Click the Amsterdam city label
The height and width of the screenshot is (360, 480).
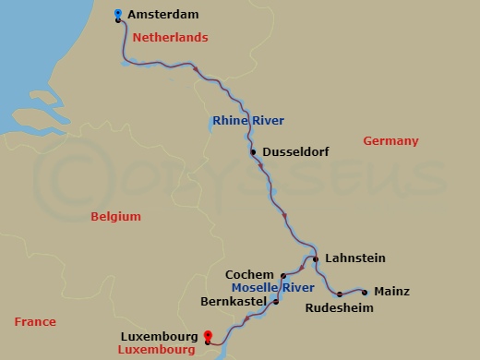point(162,16)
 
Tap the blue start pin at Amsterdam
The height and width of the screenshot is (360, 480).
point(118,13)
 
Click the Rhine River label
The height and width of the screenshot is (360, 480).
point(247,121)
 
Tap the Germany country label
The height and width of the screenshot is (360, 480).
point(390,141)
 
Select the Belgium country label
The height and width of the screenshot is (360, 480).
point(115,217)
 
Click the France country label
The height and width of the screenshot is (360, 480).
point(35,322)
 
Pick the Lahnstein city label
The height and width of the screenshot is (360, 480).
point(355,258)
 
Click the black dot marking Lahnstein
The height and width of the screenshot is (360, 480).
point(316,259)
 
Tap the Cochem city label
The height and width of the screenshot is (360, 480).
point(250,275)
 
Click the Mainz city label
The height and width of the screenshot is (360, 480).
point(392,292)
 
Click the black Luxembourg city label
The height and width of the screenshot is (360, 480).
point(159,338)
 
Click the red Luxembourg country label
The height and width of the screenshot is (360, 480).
point(159,351)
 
